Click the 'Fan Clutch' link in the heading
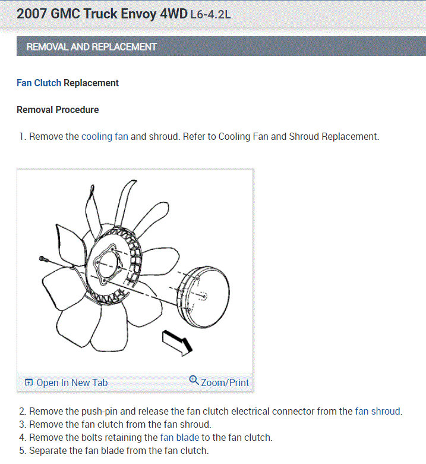click(39, 83)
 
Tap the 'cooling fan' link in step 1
click(105, 136)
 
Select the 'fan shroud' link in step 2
click(378, 411)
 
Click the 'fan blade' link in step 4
click(179, 437)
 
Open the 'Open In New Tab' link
click(72, 383)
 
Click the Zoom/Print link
click(225, 383)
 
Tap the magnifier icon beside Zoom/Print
click(194, 381)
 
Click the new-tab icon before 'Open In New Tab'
click(29, 383)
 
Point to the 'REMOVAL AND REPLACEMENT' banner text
click(91, 46)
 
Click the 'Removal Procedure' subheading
click(58, 110)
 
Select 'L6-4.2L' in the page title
click(210, 14)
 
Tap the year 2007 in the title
click(33, 14)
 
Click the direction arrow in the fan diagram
click(176, 343)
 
